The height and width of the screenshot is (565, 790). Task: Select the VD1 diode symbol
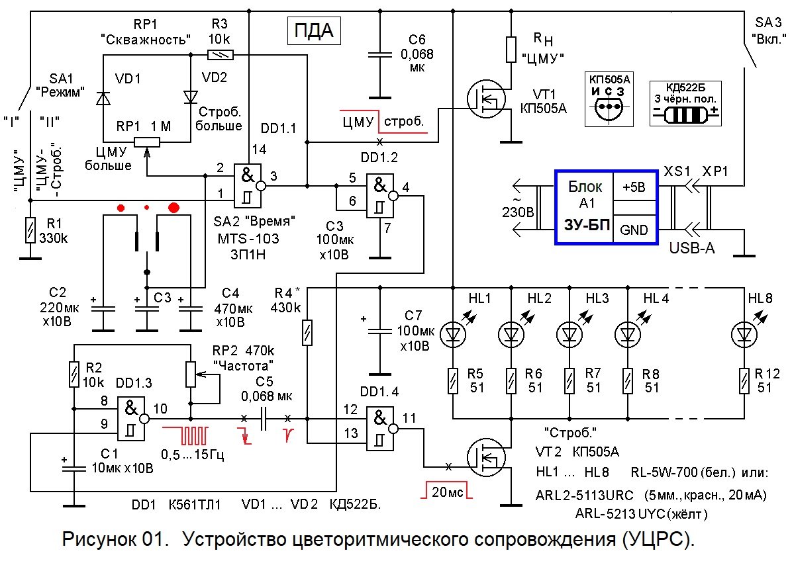102,98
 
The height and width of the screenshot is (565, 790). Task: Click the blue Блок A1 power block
607,208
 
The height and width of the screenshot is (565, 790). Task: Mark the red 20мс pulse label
443,492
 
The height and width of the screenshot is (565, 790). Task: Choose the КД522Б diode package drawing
685,112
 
